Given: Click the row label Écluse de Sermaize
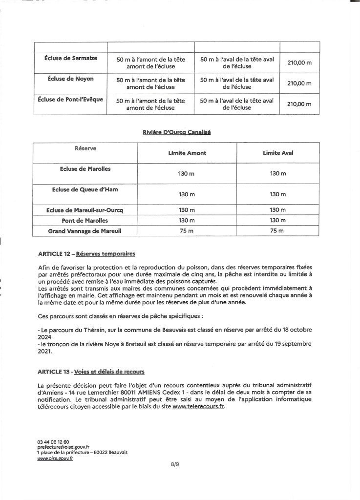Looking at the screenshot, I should click(70, 58).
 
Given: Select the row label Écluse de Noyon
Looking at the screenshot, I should click(70, 78).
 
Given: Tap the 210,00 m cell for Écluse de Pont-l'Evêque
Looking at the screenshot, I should click(299, 104).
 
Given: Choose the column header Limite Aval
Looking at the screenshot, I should click(277, 153).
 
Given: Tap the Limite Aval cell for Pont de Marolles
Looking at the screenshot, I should click(277, 220).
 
